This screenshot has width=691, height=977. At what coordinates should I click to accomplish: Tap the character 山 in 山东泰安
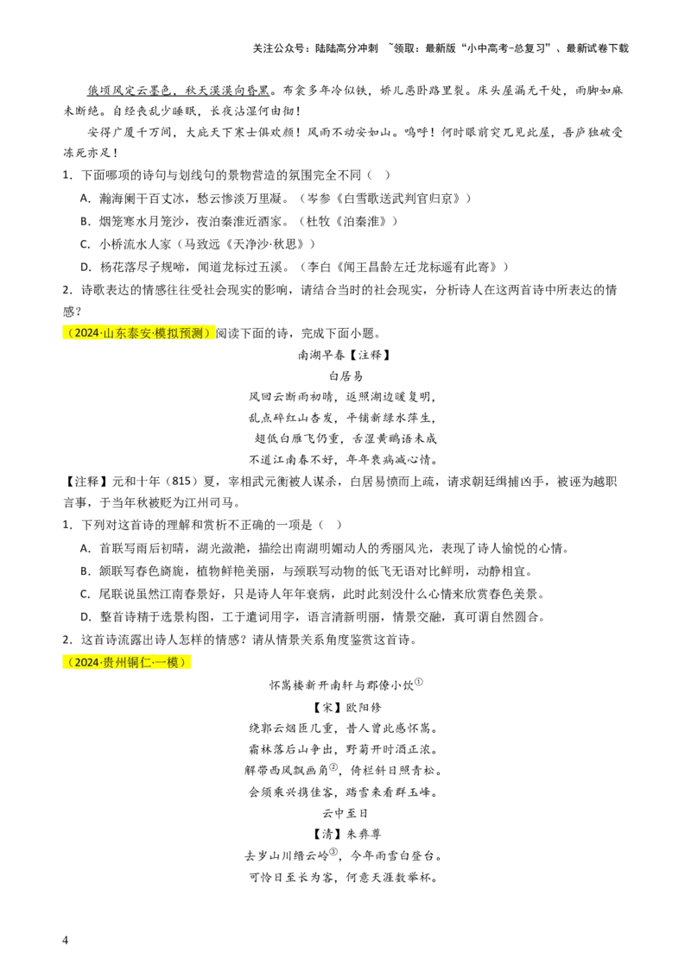109,333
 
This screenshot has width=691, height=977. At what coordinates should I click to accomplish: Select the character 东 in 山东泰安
121,333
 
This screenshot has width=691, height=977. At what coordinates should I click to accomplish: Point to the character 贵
109,662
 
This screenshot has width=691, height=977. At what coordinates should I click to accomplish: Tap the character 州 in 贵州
121,662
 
